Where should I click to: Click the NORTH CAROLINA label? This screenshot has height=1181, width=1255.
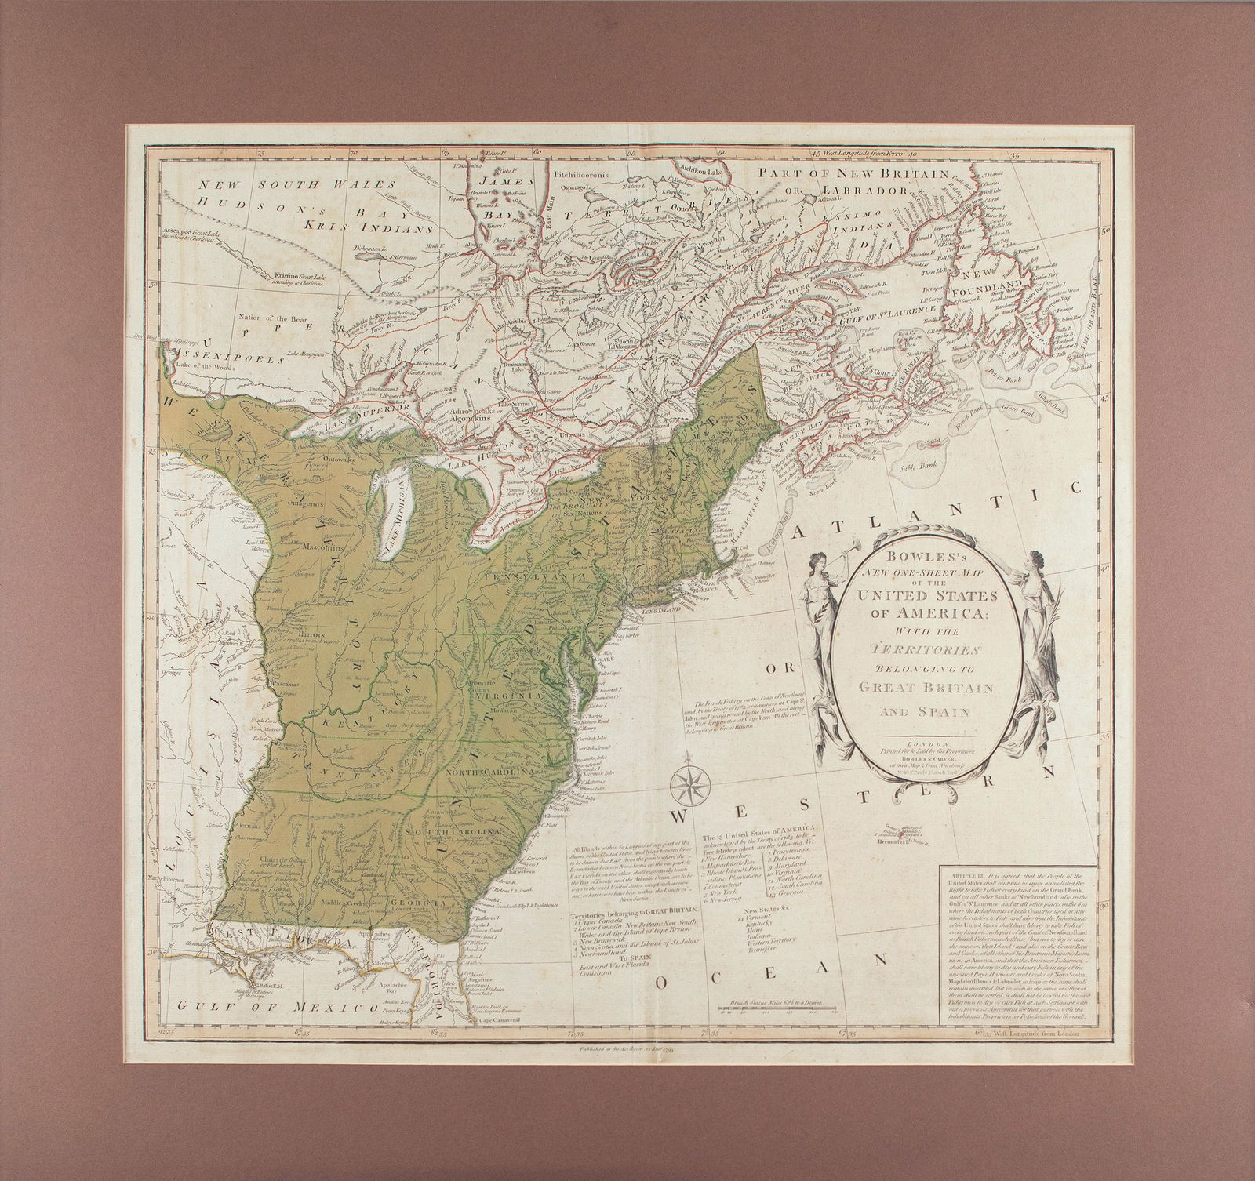(x=489, y=772)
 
